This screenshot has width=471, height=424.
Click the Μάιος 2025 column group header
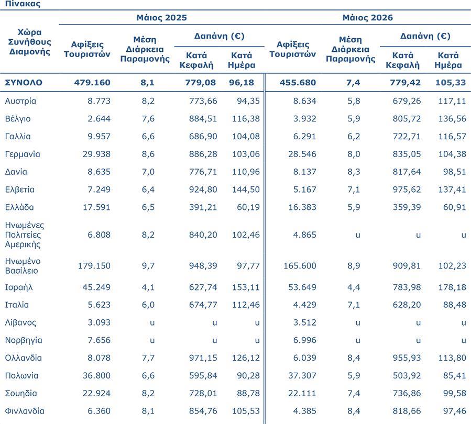[x=161, y=18]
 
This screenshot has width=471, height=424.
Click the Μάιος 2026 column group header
[x=368, y=18]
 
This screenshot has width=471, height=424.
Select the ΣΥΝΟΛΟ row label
[x=24, y=83]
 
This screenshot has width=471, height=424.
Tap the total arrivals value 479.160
[x=92, y=83]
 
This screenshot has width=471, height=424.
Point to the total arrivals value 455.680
[x=298, y=83]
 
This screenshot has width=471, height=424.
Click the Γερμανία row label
[x=23, y=154]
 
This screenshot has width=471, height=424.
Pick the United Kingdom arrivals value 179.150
[x=94, y=266]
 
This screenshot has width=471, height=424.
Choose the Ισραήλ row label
[x=19, y=287]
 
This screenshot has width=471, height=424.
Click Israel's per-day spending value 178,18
[x=452, y=287]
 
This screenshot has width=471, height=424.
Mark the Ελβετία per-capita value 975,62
[x=407, y=189]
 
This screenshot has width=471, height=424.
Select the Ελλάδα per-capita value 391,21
[x=203, y=207]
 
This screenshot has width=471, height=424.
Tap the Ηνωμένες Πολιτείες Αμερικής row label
[x=24, y=235]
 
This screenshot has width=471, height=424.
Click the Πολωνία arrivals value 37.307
[x=302, y=376]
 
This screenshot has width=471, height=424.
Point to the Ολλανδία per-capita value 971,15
[x=203, y=358]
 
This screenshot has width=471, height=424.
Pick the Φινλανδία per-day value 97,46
[x=455, y=411]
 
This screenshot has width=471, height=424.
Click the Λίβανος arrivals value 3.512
[x=304, y=322]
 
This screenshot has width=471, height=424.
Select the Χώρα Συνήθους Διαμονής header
[x=29, y=42]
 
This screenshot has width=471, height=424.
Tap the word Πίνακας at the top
[x=23, y=4]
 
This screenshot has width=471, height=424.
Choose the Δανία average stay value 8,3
[x=354, y=172]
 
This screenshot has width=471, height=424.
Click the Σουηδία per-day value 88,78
[x=248, y=394]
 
